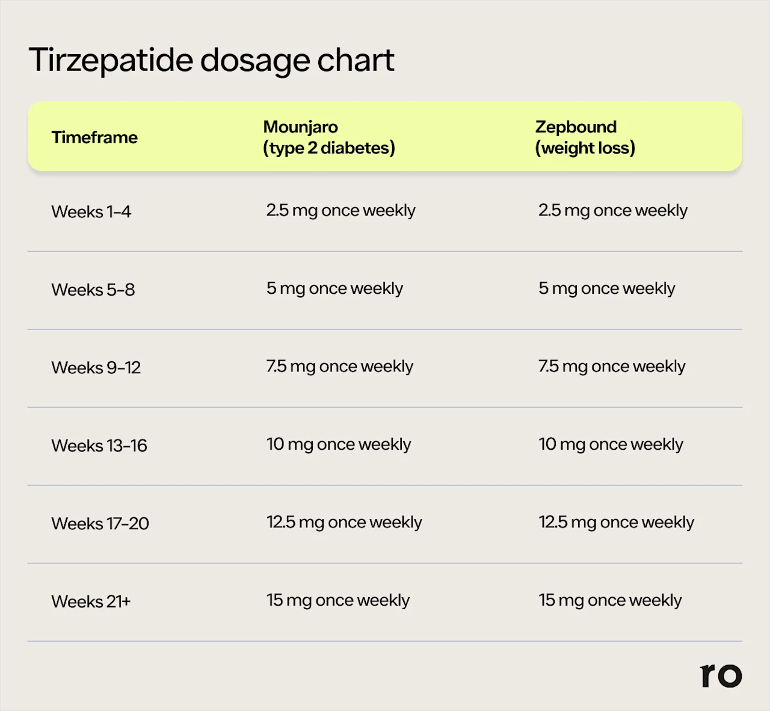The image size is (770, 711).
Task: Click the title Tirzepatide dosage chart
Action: tap(211, 60)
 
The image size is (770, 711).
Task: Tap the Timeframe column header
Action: tap(94, 137)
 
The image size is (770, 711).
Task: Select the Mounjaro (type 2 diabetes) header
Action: tap(329, 137)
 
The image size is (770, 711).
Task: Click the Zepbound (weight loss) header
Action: tap(585, 137)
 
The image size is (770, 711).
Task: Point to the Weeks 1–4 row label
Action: tap(91, 212)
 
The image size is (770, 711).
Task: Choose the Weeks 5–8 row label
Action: tap(93, 290)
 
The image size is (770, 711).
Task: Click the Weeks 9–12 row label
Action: tap(96, 368)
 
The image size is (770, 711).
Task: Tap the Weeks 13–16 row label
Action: tap(99, 446)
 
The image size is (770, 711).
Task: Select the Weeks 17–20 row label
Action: tap(100, 524)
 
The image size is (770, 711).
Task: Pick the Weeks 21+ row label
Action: tap(91, 601)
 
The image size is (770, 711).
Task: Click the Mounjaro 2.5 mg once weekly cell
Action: tap(340, 211)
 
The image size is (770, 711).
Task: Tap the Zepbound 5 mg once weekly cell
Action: tap(606, 288)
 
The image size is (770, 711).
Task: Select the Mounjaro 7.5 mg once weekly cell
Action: tap(339, 367)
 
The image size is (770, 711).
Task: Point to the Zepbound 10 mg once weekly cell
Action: tap(611, 444)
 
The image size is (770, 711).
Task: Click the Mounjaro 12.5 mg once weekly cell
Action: tap(344, 523)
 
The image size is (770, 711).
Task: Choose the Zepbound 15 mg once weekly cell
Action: tap(610, 600)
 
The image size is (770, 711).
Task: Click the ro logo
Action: tap(721, 675)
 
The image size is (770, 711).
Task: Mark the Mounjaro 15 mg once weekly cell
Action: tap(337, 600)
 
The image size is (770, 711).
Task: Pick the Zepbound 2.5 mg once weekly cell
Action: tap(612, 211)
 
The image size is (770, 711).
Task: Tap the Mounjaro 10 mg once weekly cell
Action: tap(339, 444)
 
